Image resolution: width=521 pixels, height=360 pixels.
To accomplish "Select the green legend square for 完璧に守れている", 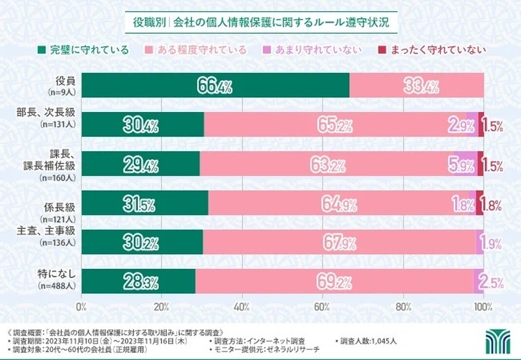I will [42, 49].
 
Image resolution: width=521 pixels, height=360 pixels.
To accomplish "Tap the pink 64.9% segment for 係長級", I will [341, 203].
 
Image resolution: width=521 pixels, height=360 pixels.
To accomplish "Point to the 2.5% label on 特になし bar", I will [491, 281].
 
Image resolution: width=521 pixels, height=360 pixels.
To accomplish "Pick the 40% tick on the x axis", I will [242, 307].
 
